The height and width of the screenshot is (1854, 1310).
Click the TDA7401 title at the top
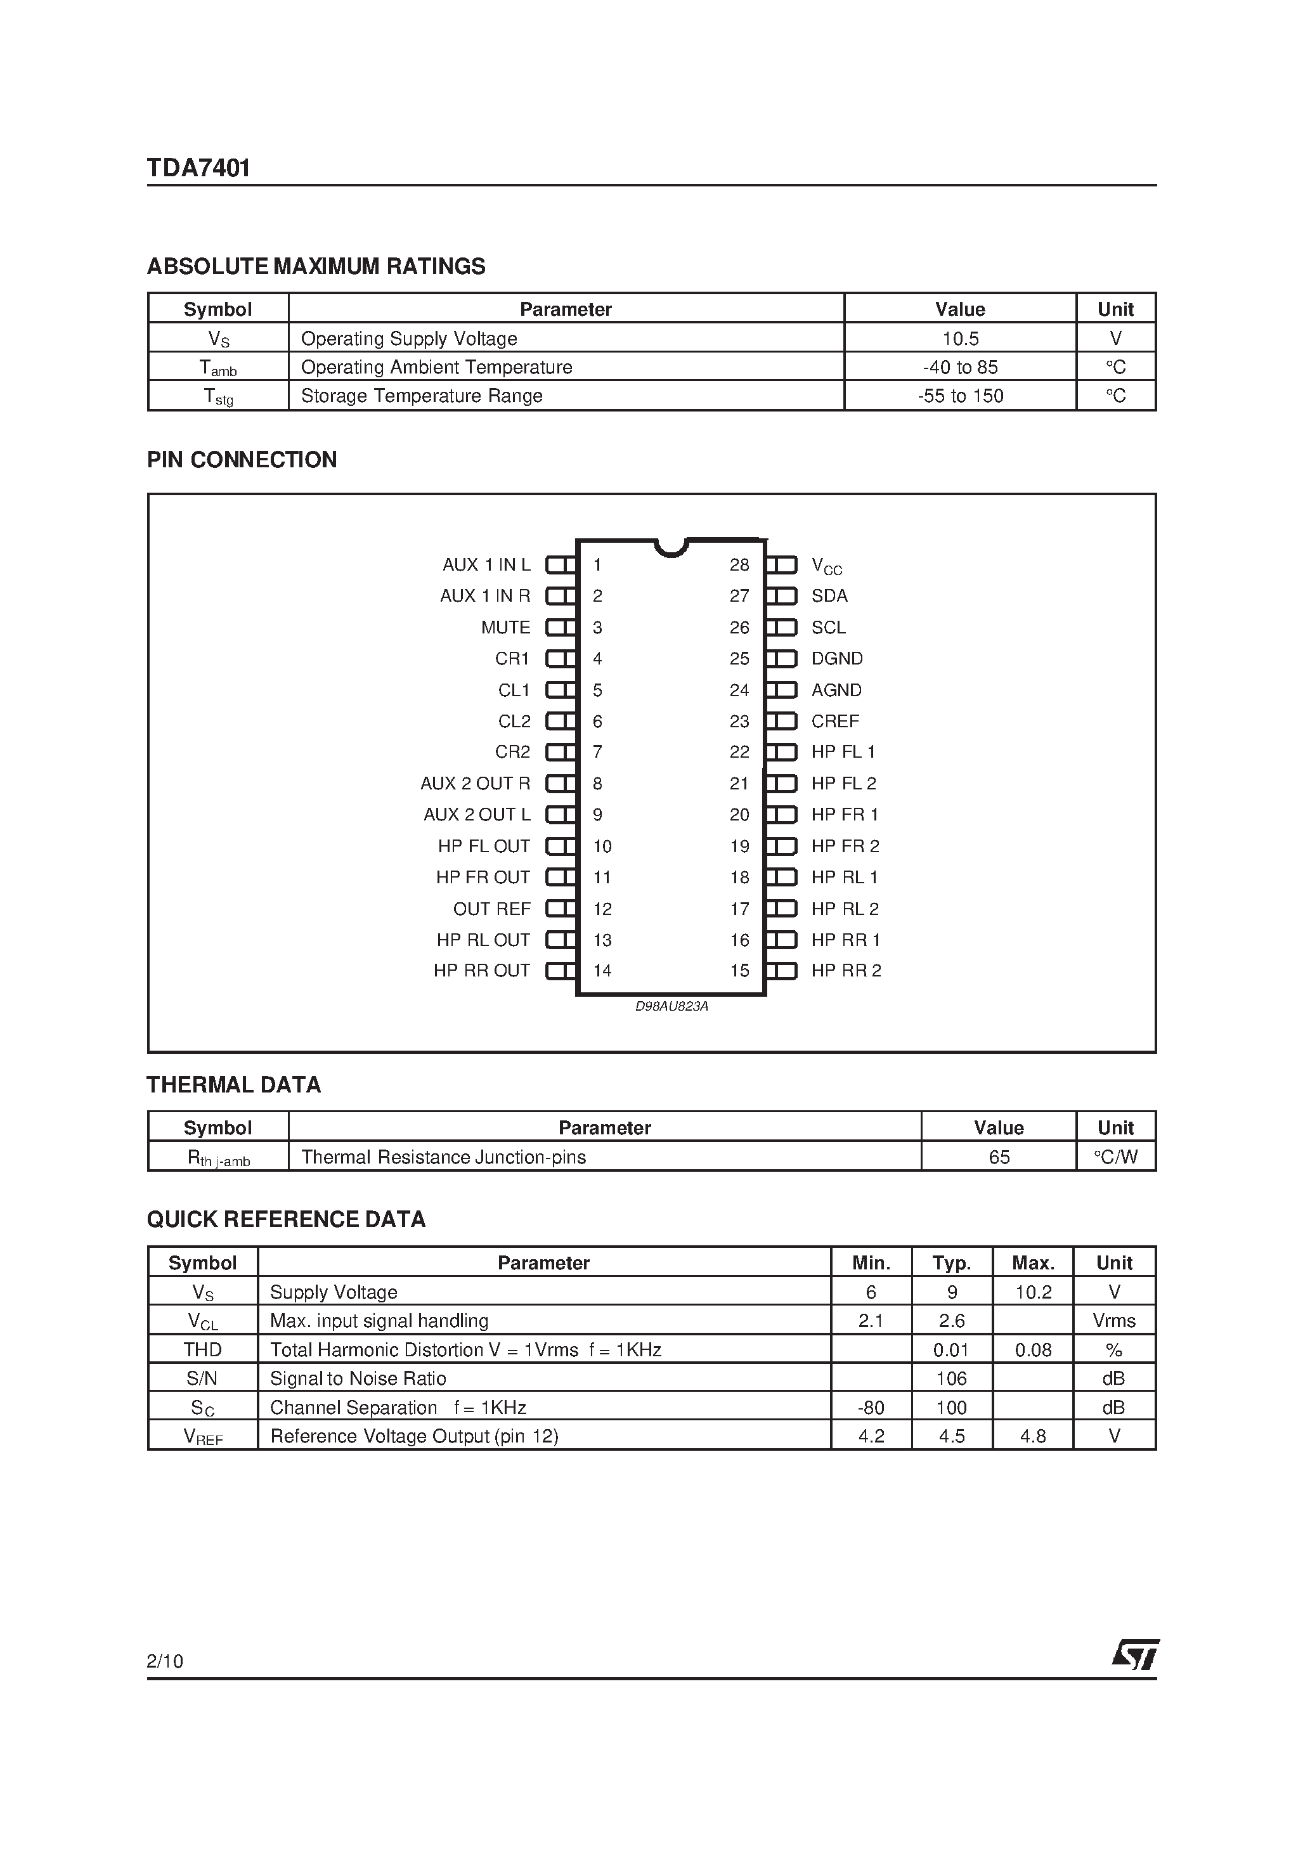point(198,168)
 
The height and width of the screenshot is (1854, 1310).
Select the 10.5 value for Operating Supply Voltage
point(959,339)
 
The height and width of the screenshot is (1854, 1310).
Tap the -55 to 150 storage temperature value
point(959,396)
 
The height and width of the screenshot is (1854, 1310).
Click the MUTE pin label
point(505,628)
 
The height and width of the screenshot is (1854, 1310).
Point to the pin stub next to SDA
point(781,596)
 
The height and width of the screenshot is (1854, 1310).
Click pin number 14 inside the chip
point(602,971)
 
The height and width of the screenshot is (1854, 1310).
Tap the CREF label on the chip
point(835,721)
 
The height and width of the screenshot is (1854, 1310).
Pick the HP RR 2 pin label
point(846,971)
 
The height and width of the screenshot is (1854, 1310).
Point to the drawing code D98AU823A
point(671,1006)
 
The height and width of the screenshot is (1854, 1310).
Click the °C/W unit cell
point(1115,1157)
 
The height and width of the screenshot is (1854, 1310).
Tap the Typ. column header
point(951,1263)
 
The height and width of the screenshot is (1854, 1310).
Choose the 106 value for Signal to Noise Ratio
point(951,1378)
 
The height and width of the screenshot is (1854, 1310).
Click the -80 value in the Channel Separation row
point(871,1408)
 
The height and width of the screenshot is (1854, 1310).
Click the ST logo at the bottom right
point(1135,1654)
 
